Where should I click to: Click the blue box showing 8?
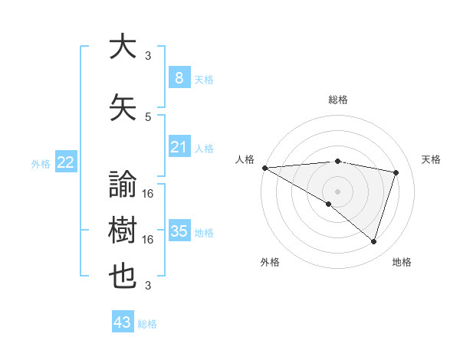click(179, 77)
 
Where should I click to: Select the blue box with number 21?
click(179, 147)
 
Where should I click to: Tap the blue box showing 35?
click(179, 231)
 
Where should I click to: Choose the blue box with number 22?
click(65, 162)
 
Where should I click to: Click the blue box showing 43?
click(122, 322)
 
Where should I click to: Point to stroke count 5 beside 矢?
click(148, 116)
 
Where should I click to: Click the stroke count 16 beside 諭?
click(148, 193)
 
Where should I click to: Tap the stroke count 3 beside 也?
click(148, 286)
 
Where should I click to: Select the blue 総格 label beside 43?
click(147, 324)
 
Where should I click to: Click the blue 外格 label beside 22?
click(40, 163)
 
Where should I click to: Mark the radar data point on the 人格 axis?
click(264, 167)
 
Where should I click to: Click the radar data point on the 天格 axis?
click(396, 172)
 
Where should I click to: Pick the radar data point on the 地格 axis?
click(373, 241)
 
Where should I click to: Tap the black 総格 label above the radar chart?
click(337, 100)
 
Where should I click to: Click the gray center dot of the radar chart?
click(337, 190)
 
